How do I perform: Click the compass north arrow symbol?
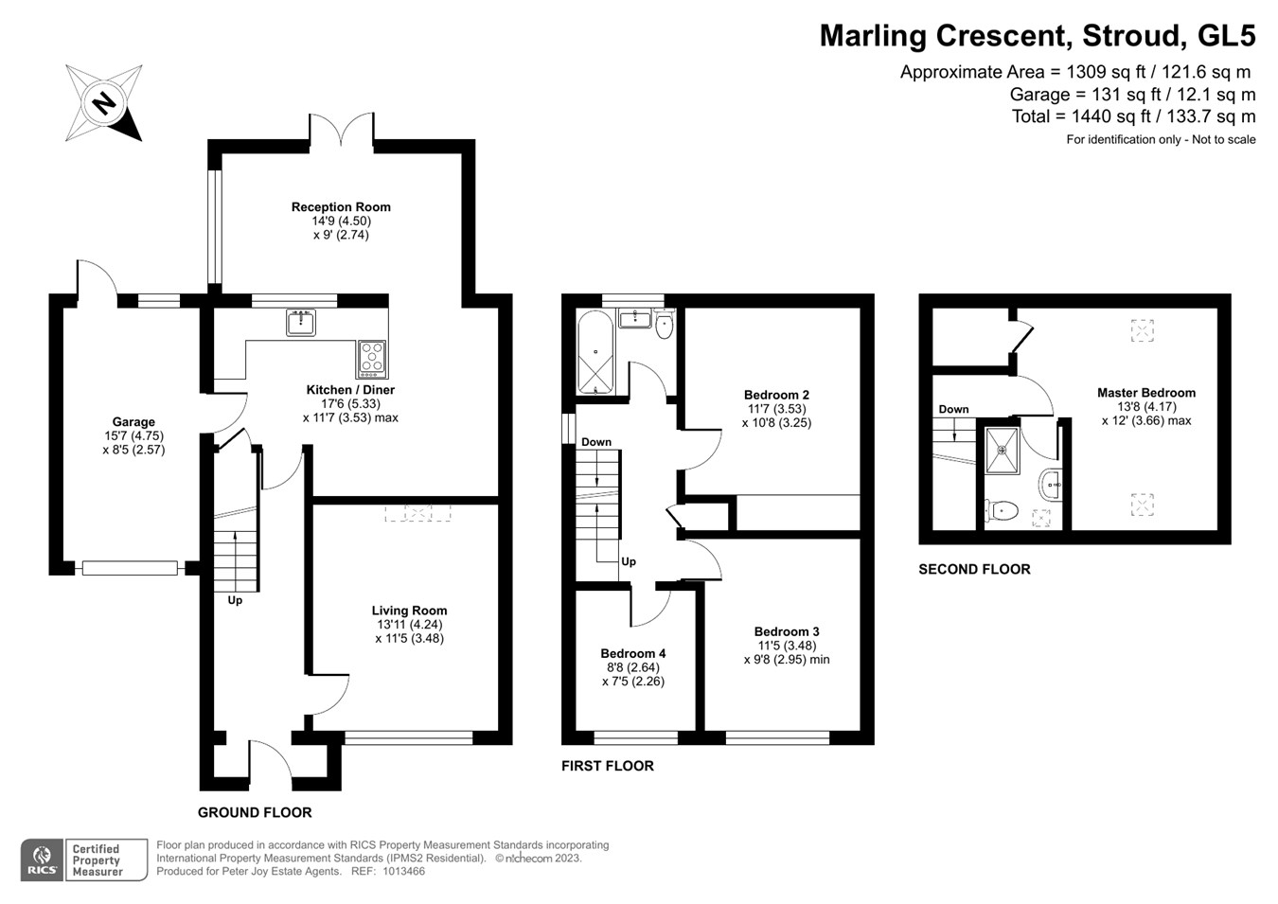(x=104, y=102)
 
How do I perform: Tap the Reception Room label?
(x=341, y=207)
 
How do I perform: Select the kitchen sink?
(x=302, y=323)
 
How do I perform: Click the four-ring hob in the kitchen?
(x=372, y=358)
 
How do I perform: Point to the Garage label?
(x=133, y=422)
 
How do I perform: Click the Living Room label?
(x=409, y=611)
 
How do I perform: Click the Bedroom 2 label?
(x=776, y=395)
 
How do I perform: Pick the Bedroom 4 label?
(x=632, y=653)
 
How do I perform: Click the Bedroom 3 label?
(x=787, y=631)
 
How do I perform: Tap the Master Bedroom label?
(x=1145, y=393)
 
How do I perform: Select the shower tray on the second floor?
(x=1002, y=451)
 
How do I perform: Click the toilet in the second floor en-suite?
(x=1001, y=511)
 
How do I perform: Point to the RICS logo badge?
(x=42, y=860)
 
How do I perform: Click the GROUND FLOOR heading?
(x=255, y=812)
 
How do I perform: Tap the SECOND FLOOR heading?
(x=974, y=569)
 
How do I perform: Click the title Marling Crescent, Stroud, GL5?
(x=1037, y=36)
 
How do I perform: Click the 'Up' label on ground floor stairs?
(x=235, y=600)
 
